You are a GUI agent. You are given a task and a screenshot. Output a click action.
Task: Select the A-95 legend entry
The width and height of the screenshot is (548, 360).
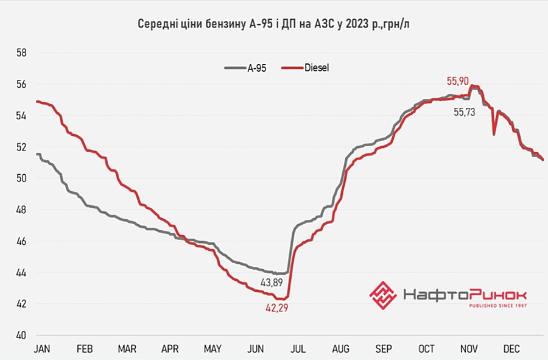(x=245, y=69)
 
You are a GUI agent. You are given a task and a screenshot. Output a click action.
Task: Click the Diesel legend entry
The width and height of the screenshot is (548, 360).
(x=308, y=69)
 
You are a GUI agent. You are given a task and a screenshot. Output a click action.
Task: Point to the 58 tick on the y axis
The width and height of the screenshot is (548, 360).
(x=21, y=53)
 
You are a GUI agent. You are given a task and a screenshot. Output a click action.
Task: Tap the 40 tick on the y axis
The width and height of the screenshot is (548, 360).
(x=21, y=335)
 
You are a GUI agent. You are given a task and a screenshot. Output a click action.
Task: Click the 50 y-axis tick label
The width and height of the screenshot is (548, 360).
(x=21, y=178)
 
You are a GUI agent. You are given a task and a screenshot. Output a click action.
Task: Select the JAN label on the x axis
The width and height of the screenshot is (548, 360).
(x=41, y=349)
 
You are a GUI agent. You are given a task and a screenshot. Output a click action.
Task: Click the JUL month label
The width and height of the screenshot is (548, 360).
(x=298, y=349)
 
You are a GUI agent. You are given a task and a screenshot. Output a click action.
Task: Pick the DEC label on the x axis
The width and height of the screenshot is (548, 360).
(x=511, y=349)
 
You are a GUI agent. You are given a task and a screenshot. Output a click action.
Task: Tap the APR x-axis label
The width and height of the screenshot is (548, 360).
(x=169, y=349)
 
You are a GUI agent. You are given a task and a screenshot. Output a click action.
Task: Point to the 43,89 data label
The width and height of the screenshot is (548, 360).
(x=272, y=283)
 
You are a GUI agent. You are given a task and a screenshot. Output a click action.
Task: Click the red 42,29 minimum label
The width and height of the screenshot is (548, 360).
(x=276, y=308)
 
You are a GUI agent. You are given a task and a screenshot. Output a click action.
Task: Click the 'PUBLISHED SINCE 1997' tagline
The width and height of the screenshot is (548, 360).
(x=497, y=305)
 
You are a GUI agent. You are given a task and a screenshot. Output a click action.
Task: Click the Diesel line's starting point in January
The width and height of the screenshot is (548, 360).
(x=37, y=101)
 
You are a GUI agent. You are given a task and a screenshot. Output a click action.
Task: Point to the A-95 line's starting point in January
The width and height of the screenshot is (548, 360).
(x=37, y=154)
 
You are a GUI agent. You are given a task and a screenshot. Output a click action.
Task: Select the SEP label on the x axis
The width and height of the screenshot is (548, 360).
(x=383, y=349)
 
